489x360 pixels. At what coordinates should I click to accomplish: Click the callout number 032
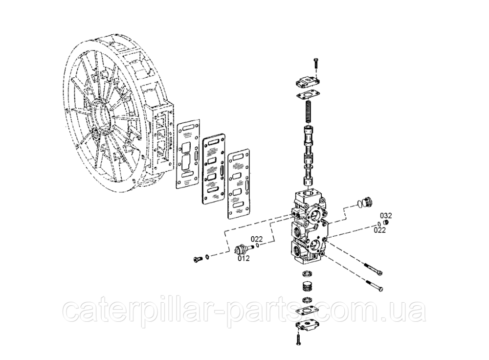(x=386, y=216)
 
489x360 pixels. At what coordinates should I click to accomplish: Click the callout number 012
(x=244, y=258)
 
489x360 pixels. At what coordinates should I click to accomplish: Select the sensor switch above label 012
(x=244, y=249)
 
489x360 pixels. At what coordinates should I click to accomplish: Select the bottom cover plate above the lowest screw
(x=307, y=326)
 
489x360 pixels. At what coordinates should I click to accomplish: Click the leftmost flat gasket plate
(x=188, y=154)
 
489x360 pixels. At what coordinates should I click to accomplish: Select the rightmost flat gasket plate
(x=239, y=184)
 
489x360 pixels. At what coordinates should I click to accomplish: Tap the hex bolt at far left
(x=198, y=259)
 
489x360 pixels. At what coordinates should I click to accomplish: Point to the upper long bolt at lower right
(x=373, y=269)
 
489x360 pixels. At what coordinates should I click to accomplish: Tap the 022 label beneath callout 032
(x=379, y=230)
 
